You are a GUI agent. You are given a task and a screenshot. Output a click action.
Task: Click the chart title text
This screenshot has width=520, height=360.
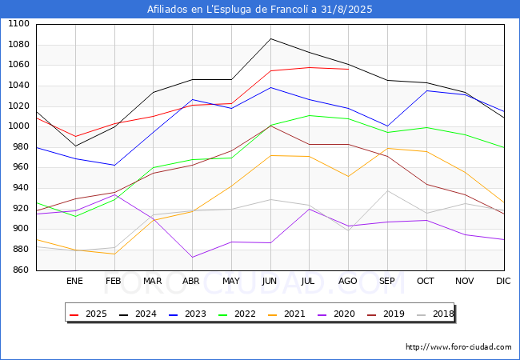pyautogui.click(x=260, y=10)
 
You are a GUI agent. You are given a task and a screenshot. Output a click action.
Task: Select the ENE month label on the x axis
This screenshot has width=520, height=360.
pyautogui.click(x=74, y=281)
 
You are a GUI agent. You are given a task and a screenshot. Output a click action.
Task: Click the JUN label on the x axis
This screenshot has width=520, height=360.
pyautogui.click(x=270, y=281)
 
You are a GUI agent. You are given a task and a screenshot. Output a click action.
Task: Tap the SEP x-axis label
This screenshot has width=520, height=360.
pyautogui.click(x=387, y=281)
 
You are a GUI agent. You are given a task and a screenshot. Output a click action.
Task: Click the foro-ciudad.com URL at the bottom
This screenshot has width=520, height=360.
pyautogui.click(x=458, y=347)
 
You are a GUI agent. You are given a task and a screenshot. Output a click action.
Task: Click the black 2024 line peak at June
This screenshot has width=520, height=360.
pyautogui.click(x=270, y=38)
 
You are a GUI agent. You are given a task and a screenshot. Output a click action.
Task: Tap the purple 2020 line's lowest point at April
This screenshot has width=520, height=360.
pyautogui.click(x=192, y=257)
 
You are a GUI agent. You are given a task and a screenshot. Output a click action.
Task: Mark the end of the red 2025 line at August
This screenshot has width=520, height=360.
pyautogui.click(x=348, y=69)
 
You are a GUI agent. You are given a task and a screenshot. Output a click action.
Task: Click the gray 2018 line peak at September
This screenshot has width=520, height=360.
pyautogui.click(x=387, y=190)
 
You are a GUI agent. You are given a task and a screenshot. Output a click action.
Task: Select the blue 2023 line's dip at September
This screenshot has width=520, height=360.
pyautogui.click(x=387, y=126)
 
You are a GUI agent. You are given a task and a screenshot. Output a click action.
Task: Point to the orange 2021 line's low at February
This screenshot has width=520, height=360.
pyautogui.click(x=114, y=254)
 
